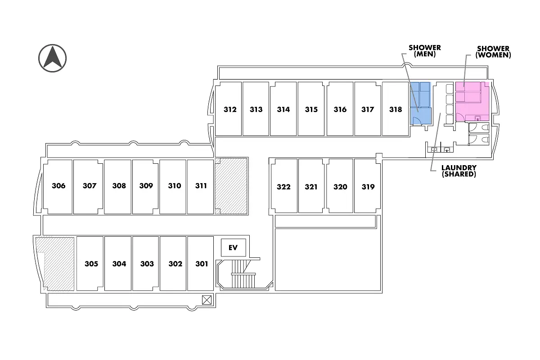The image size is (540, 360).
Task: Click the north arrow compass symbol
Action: point(52,58)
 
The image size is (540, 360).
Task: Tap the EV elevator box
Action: point(234,247)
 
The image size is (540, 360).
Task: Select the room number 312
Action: point(230,109)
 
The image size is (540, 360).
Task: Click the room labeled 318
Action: point(396,109)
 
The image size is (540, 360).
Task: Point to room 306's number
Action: point(58,186)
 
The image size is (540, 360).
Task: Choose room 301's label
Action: point(202,264)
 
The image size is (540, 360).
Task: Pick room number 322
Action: point(283,187)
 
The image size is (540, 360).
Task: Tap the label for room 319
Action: point(368,187)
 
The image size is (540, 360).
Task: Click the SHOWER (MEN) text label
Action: point(425,51)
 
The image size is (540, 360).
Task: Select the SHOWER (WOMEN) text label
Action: point(493,52)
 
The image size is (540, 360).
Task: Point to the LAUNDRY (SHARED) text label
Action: point(459,171)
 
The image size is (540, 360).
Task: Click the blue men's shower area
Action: point(420,103)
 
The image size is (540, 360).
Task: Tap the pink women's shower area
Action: point(472,102)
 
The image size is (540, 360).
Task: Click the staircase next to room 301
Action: point(244,274)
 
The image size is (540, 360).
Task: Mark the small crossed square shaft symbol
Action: point(207,300)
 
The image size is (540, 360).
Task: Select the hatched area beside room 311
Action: point(231,186)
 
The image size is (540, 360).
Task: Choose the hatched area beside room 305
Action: point(55,264)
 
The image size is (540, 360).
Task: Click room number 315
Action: point(311,109)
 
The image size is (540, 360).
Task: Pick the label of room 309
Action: point(146,186)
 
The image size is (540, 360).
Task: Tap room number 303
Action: point(147,264)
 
